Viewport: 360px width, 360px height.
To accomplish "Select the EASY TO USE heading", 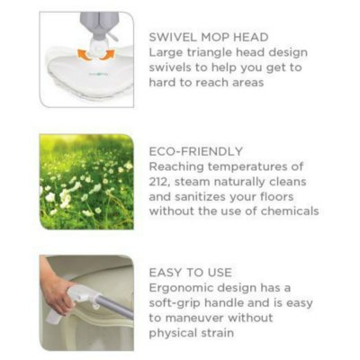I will click(192, 272).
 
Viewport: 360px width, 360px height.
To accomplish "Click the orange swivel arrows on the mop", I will click(86, 52).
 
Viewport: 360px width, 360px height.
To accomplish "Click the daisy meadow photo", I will click(86, 181).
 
